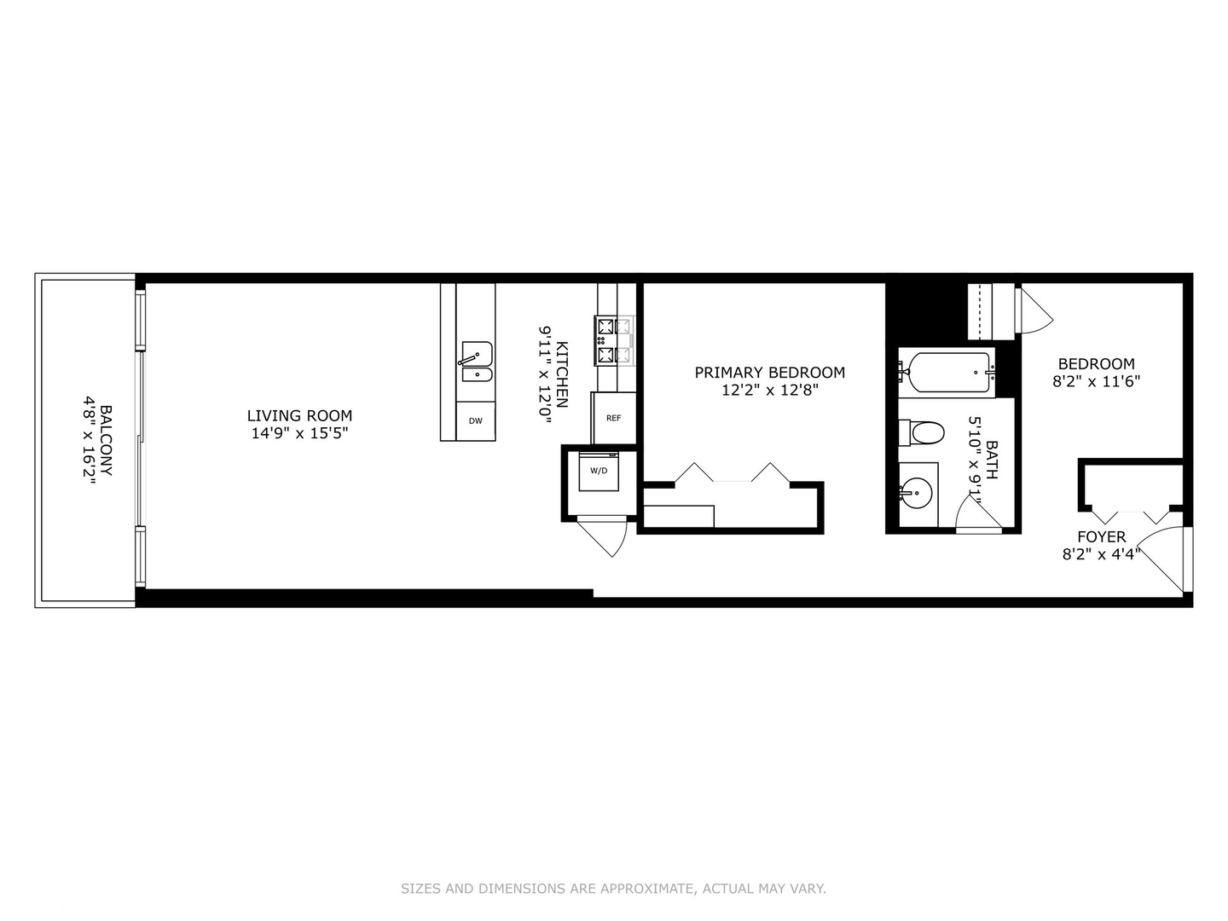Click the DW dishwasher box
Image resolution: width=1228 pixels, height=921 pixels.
476,421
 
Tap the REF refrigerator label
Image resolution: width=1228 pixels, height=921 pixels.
614,418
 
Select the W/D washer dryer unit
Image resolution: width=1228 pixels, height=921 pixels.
600,472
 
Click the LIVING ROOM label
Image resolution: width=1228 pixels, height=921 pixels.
299,416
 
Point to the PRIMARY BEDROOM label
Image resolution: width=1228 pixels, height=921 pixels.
769,373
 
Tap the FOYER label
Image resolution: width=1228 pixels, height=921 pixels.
1101,537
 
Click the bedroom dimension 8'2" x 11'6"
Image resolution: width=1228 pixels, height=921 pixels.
1096,382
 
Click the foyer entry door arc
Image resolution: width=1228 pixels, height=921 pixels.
1161,555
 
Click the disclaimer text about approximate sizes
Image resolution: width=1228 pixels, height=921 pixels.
613,889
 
